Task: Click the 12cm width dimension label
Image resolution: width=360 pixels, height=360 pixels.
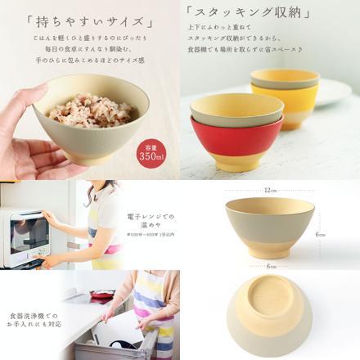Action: [269, 191]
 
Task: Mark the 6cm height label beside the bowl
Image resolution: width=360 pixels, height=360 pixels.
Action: [322, 233]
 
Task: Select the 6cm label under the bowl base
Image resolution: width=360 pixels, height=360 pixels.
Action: [269, 266]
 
